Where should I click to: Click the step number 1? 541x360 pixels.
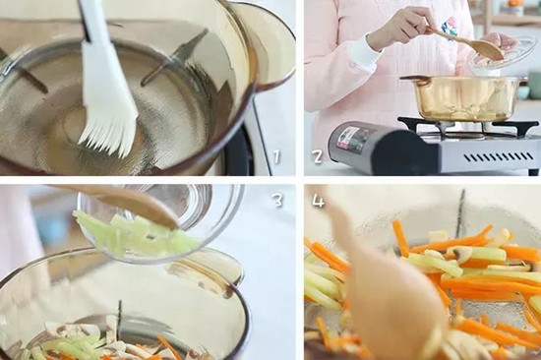[276, 156]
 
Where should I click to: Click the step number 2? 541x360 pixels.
[318, 156]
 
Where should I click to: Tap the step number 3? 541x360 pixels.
[278, 201]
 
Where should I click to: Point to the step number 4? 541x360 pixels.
[318, 201]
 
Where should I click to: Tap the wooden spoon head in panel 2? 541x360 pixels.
[486, 49]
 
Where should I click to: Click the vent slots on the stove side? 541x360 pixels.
[499, 157]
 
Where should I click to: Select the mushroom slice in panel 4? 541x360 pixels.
[460, 255]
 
